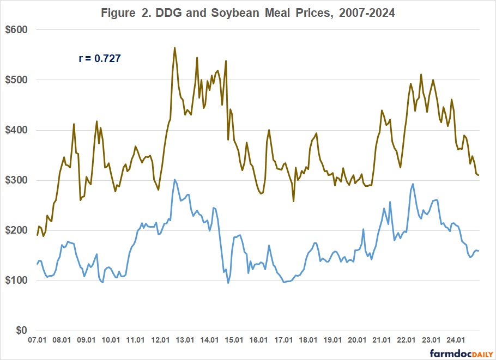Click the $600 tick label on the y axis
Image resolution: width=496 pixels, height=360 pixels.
tap(17, 29)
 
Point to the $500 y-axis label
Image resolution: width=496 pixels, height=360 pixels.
tap(17, 80)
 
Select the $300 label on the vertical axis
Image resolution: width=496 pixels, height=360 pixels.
tap(17, 180)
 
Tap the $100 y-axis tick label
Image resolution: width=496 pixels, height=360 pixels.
tap(17, 280)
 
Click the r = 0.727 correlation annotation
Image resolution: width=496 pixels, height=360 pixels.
tap(100, 57)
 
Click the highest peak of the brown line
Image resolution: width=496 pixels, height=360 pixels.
tap(174, 47)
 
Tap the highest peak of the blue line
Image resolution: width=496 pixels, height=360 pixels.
tap(174, 179)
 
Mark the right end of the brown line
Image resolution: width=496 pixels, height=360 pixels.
tap(479, 175)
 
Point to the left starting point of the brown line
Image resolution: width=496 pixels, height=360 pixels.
tap(37, 235)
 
